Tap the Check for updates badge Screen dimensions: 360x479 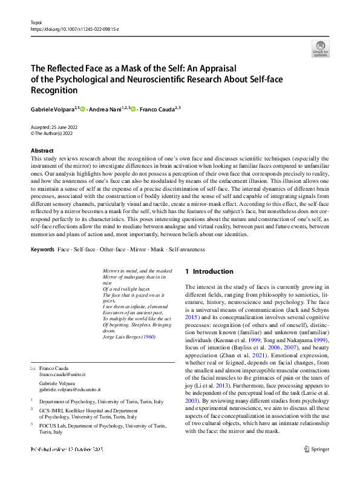pos(320,48)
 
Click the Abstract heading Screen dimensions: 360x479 pos(42,150)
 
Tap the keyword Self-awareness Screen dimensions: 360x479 pos(187,249)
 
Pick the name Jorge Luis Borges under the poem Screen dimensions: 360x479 pos(120,336)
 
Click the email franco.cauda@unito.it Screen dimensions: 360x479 pos(66,375)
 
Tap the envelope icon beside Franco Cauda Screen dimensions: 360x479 pos(33,368)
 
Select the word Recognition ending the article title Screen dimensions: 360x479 pos(54,90)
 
